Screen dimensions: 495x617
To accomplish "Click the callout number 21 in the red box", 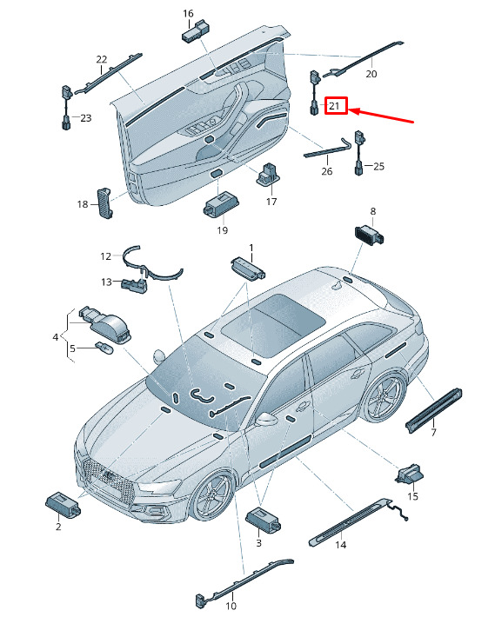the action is (x=334, y=106).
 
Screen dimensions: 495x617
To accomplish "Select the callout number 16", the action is (x=188, y=14).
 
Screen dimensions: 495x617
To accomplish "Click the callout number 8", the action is (x=373, y=211).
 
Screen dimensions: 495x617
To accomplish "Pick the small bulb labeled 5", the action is (x=104, y=348).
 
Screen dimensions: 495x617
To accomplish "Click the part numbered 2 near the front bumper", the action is (x=63, y=503).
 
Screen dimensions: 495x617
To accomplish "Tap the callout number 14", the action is (x=341, y=545).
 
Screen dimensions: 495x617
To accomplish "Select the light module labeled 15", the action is (x=409, y=473).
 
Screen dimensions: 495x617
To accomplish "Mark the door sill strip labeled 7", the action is (x=433, y=410).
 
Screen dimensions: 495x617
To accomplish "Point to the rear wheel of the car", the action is (x=384, y=396).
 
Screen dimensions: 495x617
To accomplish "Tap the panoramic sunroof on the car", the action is (x=273, y=321).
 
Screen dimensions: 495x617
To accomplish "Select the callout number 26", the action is (x=327, y=171).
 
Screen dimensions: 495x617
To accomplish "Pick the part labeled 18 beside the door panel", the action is (x=104, y=202).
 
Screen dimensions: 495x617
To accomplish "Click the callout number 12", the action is (x=106, y=256).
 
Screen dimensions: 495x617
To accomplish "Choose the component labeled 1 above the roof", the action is (x=248, y=268).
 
